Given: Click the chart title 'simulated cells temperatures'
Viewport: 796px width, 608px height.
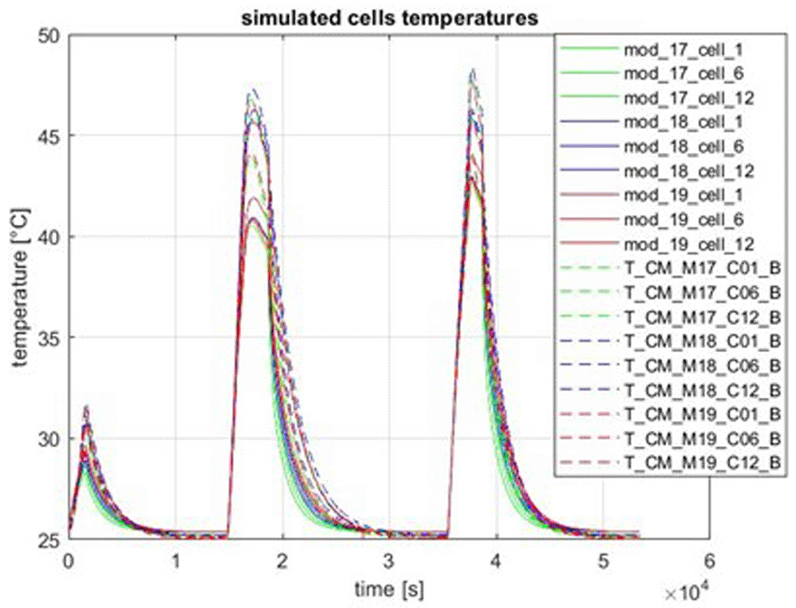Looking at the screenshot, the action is point(389,18).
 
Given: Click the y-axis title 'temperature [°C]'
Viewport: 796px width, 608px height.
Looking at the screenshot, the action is point(21,287).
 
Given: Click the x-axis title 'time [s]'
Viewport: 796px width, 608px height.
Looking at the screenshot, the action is point(389,589).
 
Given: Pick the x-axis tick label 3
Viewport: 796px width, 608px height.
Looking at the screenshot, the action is point(389,561).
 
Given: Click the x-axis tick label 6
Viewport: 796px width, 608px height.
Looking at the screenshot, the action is point(710,561).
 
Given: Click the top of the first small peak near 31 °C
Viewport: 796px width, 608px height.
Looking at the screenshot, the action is point(87,406).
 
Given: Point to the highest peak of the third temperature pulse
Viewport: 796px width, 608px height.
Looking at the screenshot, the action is point(473,69).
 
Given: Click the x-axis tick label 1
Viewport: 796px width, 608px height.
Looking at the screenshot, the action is point(175,561).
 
